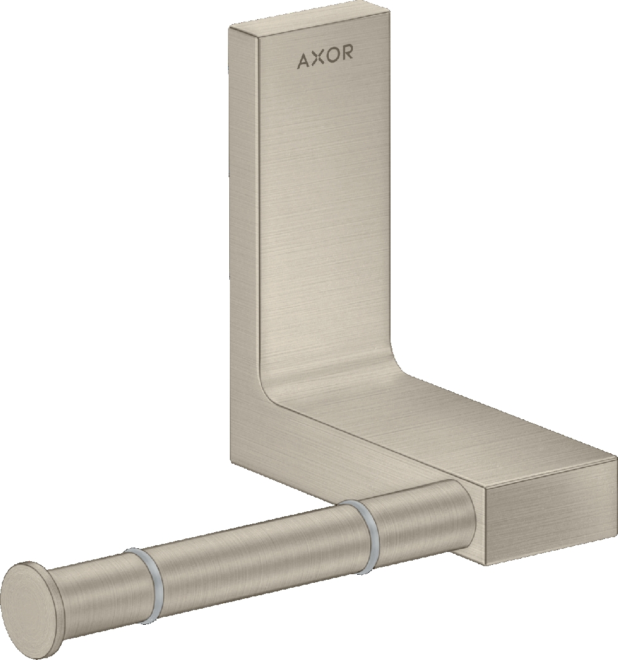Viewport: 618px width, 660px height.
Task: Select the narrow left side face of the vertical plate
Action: pyautogui.click(x=243, y=247)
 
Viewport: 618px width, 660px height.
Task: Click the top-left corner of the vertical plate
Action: pyautogui.click(x=230, y=27)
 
